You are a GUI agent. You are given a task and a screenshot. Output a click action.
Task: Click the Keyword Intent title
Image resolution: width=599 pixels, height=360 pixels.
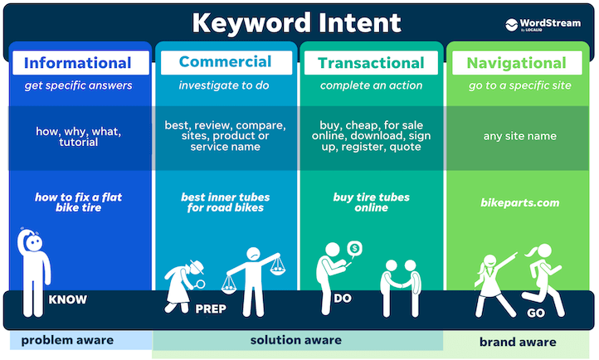click(296, 22)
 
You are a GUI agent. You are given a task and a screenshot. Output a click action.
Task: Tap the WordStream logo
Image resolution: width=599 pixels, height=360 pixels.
click(543, 24)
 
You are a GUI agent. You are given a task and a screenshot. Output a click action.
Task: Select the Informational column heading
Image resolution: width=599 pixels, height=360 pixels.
click(78, 63)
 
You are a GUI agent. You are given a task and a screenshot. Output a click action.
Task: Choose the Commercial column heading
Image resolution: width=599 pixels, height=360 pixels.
click(225, 62)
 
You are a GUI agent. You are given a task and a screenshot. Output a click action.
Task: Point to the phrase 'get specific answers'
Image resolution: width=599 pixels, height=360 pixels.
click(79, 86)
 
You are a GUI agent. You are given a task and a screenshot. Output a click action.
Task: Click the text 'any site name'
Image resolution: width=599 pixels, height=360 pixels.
click(521, 136)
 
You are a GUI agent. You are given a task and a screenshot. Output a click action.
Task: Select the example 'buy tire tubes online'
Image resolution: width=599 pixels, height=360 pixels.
click(372, 202)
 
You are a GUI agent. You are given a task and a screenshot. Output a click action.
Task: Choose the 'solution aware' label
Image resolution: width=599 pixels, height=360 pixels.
click(296, 340)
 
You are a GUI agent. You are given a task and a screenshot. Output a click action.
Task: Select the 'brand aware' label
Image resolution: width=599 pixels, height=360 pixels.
click(518, 342)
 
